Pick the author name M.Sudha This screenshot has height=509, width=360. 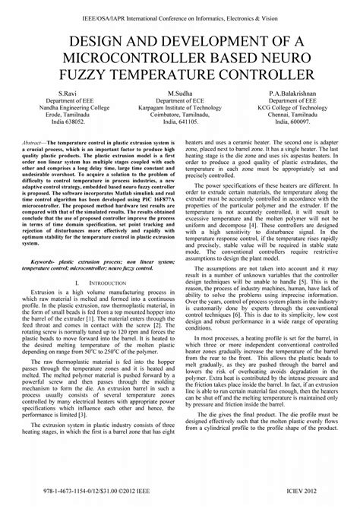click(x=180, y=92)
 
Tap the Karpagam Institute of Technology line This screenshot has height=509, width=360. click(x=180, y=108)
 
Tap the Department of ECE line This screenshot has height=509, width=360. click(x=180, y=100)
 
